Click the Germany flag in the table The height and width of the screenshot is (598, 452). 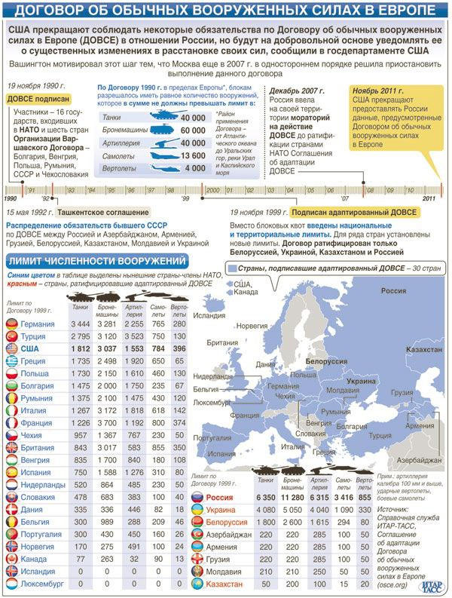[x=12, y=324]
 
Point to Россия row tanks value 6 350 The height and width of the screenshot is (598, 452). [x=265, y=498]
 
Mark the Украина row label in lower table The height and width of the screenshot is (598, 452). [x=223, y=510]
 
